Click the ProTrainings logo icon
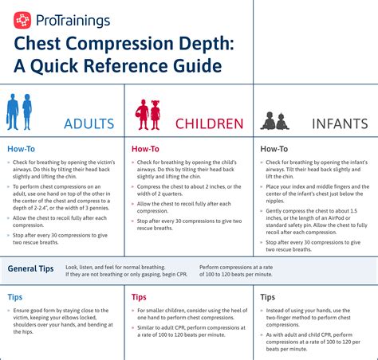tap(23, 19)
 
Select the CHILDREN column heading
tap(208, 123)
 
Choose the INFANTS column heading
tap(340, 123)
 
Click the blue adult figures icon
tap(20, 111)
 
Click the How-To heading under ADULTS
tap(21, 148)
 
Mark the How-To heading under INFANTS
tap(274, 148)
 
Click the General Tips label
tap(31, 269)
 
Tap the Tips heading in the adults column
tap(15, 296)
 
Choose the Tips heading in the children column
tap(140, 296)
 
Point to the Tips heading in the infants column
tap(268, 296)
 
